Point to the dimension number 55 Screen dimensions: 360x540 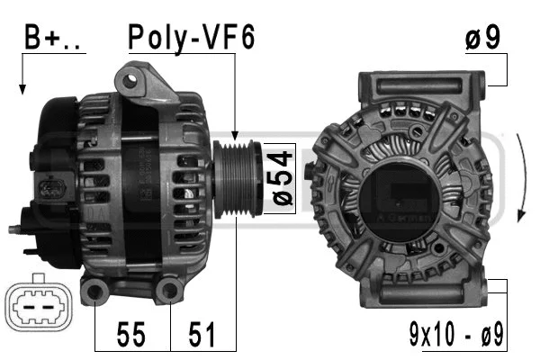[131, 335]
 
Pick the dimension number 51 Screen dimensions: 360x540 [202, 335]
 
